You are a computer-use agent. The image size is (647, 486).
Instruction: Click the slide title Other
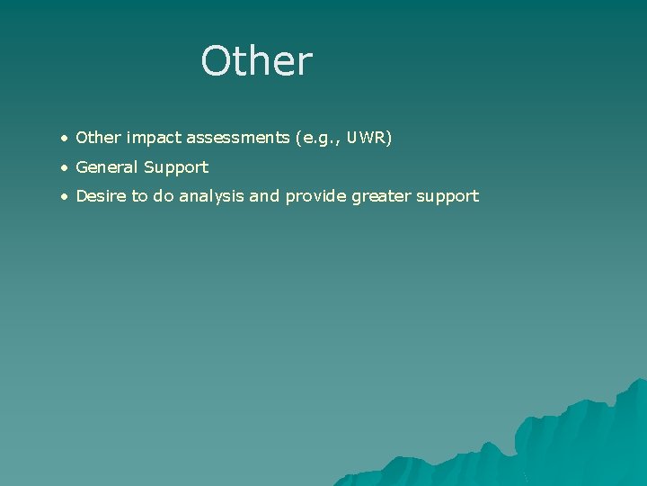[256, 61]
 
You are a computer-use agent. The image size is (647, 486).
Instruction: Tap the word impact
[155, 138]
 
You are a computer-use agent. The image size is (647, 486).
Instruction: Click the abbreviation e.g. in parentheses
[328, 139]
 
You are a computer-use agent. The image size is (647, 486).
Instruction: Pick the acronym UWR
[370, 138]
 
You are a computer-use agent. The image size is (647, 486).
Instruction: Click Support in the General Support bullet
[180, 167]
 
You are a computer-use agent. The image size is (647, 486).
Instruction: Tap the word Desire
[102, 195]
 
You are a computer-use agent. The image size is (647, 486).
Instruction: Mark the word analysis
[211, 196]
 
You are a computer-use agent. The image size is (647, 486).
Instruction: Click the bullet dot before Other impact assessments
[64, 139]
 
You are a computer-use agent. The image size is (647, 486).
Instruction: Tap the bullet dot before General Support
[64, 167]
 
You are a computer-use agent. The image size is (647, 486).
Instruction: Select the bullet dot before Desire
[64, 196]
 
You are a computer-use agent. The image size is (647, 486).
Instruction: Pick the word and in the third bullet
[264, 195]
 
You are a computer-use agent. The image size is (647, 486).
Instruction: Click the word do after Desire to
[163, 195]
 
